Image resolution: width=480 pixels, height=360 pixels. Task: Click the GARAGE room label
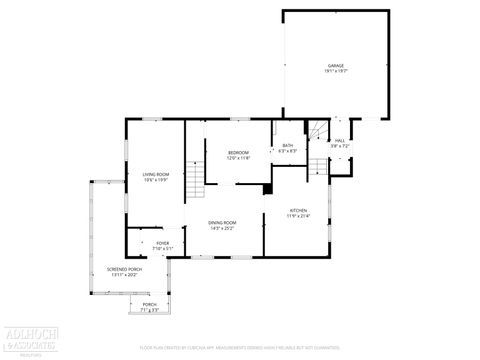tap(335, 66)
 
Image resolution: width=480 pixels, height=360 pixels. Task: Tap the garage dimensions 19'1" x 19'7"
tap(335, 72)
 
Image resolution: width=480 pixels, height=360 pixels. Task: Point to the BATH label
tap(288, 146)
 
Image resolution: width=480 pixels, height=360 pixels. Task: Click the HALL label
tap(340, 141)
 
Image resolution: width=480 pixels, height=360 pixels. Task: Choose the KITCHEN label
tap(299, 210)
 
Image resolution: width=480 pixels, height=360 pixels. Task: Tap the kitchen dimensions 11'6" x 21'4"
tap(299, 216)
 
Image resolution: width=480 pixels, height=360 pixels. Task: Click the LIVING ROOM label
tap(155, 174)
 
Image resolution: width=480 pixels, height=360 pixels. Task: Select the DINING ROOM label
tap(222, 222)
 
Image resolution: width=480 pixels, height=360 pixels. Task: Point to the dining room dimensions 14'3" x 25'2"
tap(222, 228)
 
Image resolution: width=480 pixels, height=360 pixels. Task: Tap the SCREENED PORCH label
tap(125, 268)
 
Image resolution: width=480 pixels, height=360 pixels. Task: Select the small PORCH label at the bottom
tap(149, 304)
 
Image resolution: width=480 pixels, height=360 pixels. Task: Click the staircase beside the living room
tap(195, 181)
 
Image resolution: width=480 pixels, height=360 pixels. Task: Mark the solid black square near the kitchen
tap(267, 187)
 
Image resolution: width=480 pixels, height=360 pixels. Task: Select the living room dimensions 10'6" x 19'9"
tap(155, 180)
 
